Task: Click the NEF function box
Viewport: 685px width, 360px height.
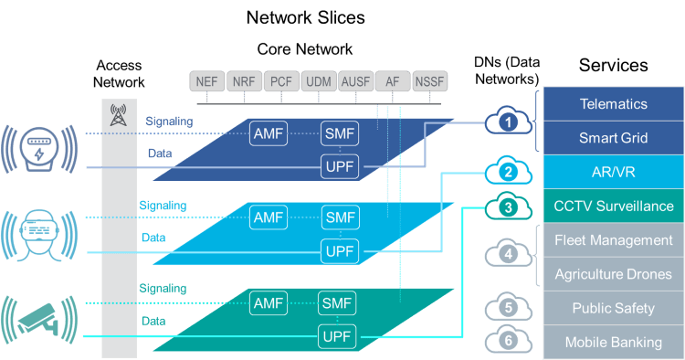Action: coord(207,81)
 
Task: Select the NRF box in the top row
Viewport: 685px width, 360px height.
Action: coord(244,81)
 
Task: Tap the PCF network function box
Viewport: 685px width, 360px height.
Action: coord(281,81)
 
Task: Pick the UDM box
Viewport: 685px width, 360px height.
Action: coord(319,81)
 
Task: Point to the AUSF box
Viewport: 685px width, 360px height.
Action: coord(355,81)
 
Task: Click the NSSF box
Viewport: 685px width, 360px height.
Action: coord(430,81)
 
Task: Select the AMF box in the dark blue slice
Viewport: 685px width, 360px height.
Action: coord(269,133)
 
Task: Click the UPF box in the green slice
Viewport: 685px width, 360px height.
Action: coord(336,336)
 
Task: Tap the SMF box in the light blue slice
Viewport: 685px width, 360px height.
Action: coord(340,217)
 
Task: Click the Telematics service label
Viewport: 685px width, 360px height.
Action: coord(613,104)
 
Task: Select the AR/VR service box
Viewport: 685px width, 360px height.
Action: coord(613,172)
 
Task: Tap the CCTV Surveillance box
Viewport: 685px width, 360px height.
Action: coord(613,206)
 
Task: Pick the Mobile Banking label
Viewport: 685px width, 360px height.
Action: coord(613,343)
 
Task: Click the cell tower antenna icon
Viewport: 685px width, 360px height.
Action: coord(117,115)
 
